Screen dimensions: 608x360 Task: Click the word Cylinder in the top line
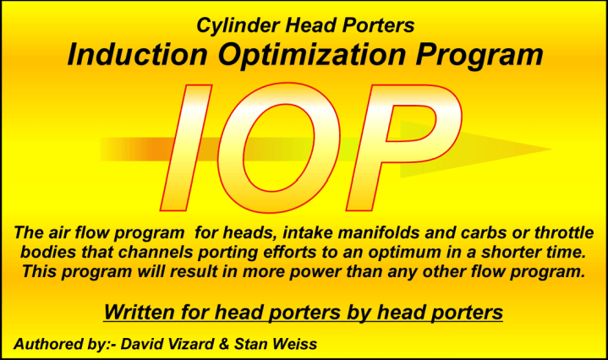point(238,26)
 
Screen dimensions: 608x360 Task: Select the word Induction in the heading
point(137,55)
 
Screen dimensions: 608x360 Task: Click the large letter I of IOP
point(186,148)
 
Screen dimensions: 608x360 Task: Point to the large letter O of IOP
point(279,148)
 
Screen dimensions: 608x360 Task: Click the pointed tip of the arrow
point(552,149)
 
